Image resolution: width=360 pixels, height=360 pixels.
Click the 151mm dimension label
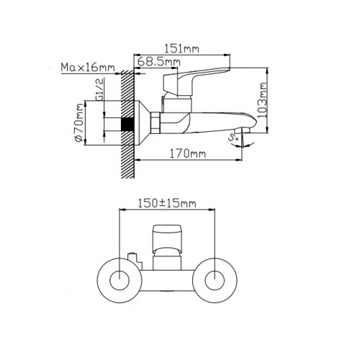[x=181, y=49]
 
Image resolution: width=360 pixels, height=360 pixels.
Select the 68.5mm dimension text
[x=159, y=61]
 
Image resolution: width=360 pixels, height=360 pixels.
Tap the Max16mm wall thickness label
[x=88, y=68]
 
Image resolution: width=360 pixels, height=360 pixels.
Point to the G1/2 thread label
[x=100, y=89]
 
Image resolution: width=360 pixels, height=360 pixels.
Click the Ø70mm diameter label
[x=79, y=123]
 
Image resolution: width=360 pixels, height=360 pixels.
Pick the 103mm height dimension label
[x=263, y=99]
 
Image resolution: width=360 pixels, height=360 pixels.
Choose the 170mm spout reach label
[x=188, y=153]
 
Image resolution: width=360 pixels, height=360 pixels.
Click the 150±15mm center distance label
[x=167, y=204]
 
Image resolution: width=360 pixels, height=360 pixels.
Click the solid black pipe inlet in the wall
[x=127, y=125]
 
